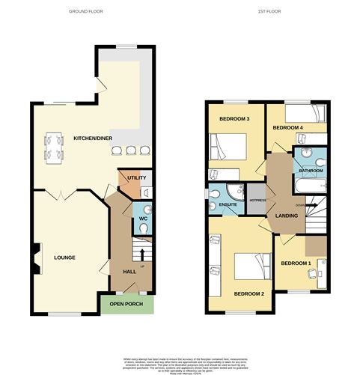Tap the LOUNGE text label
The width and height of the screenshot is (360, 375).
point(65,257)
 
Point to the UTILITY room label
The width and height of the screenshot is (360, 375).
point(136,177)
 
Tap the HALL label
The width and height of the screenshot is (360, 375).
point(129,272)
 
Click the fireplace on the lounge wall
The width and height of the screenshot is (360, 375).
point(36,257)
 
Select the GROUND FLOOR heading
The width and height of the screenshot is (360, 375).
point(85,11)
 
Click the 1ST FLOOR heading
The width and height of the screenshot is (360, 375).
point(272,11)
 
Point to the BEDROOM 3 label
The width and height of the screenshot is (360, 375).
point(234,119)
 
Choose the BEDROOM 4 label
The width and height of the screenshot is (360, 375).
point(287,128)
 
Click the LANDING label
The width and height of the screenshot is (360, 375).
point(287,216)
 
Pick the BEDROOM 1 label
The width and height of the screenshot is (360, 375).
point(295,263)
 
